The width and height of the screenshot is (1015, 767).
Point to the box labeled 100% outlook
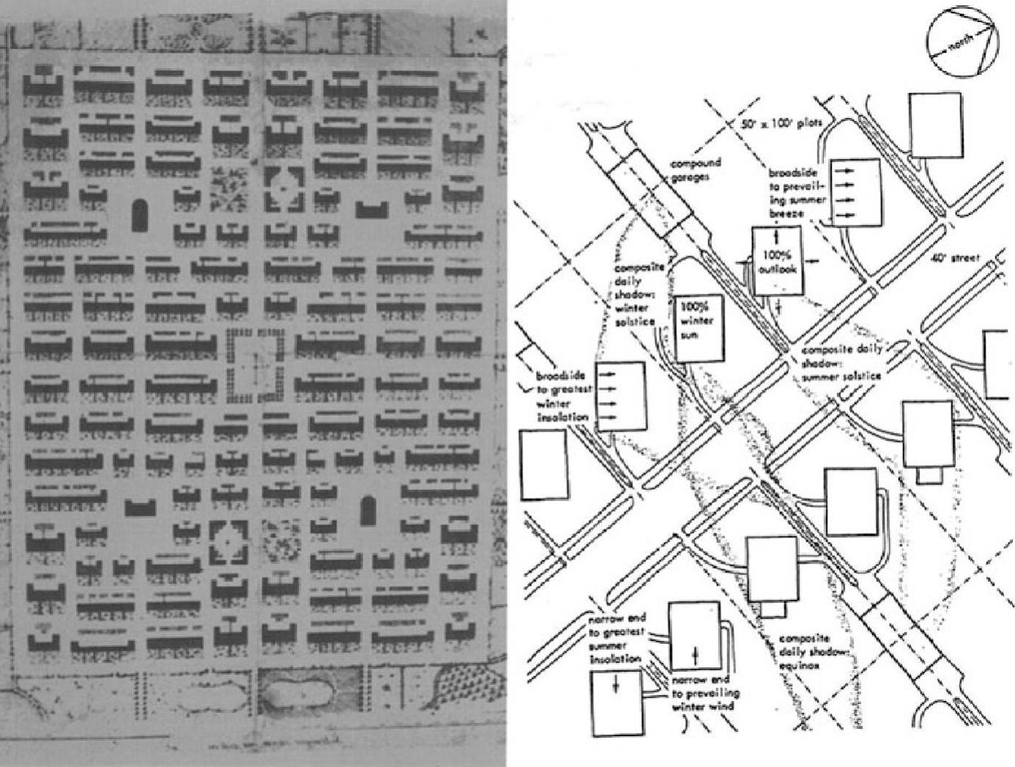point(778,260)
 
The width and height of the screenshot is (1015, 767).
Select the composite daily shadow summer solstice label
point(840,363)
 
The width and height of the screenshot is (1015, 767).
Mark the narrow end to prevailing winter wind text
point(704,693)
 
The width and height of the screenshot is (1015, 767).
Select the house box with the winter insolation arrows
point(620,396)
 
